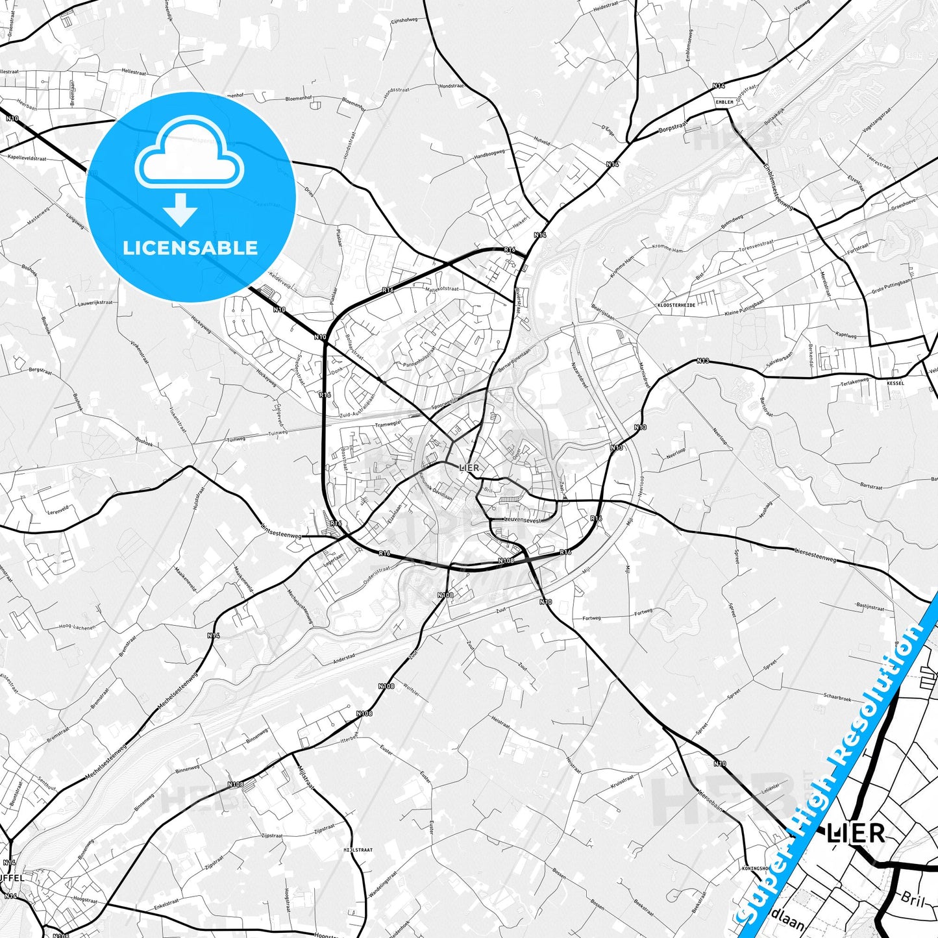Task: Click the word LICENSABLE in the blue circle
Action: [190, 248]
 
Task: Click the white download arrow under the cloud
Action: [180, 210]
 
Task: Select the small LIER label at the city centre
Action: [469, 467]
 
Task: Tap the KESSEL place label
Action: [895, 384]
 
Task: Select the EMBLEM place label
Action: [724, 102]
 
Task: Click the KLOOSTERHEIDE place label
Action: [676, 304]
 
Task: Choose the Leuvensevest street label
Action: [522, 520]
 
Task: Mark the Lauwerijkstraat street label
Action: [95, 303]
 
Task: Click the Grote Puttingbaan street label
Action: [891, 287]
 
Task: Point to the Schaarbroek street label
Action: [837, 697]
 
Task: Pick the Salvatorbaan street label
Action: [779, 360]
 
